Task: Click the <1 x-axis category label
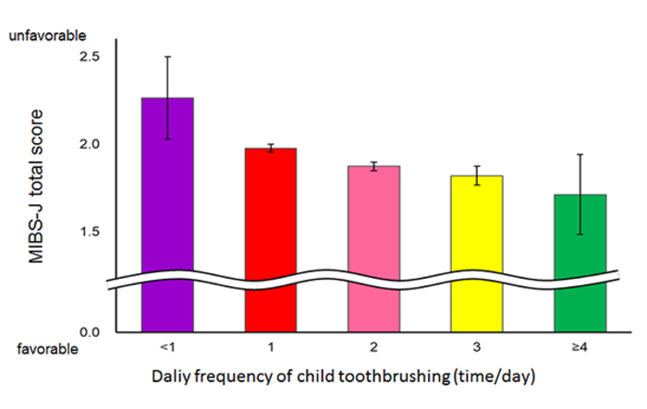click(167, 349)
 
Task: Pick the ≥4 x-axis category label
click(580, 349)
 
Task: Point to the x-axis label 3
click(477, 349)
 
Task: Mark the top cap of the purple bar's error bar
click(167, 56)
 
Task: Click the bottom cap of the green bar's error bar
click(580, 234)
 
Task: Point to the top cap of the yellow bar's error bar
click(477, 166)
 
